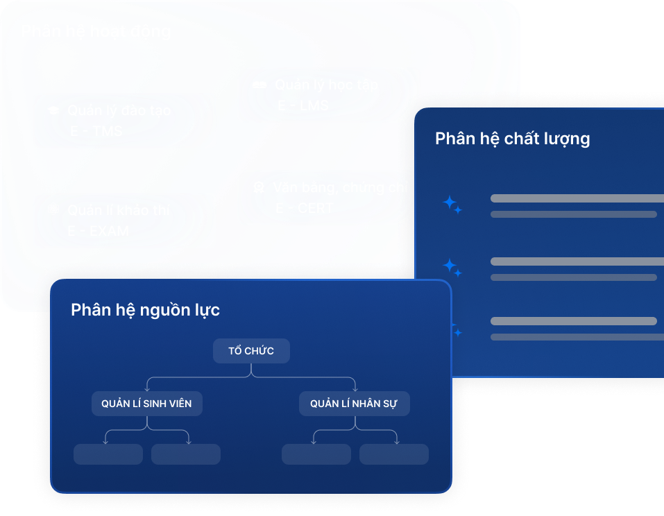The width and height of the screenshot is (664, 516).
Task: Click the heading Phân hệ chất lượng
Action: pyautogui.click(x=512, y=139)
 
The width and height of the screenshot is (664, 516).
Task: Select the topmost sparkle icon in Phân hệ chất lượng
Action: pyautogui.click(x=452, y=205)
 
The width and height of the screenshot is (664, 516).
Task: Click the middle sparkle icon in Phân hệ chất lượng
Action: pyautogui.click(x=452, y=266)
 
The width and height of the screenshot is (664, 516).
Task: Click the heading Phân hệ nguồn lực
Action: pyautogui.click(x=145, y=310)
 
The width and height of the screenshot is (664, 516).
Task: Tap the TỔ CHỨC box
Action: pyautogui.click(x=250, y=351)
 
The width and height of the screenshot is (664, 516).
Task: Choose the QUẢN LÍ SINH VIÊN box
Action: pyautogui.click(x=146, y=404)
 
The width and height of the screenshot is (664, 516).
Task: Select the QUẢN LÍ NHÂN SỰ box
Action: pyautogui.click(x=354, y=404)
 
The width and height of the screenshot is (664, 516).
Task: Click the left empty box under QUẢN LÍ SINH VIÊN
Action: pyautogui.click(x=108, y=454)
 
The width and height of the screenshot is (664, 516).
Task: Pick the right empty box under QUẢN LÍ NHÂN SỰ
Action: pyautogui.click(x=393, y=454)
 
